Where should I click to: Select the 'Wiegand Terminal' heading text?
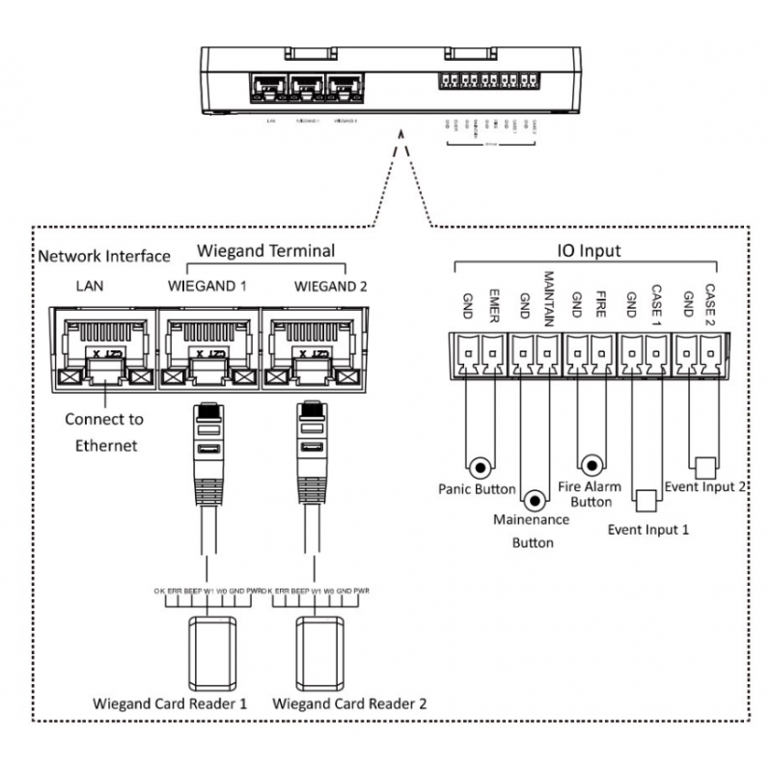[265, 251]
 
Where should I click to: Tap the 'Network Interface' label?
[102, 257]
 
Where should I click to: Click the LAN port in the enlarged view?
[99, 347]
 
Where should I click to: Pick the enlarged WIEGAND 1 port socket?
[209, 347]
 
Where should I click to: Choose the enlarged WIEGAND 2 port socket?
[316, 347]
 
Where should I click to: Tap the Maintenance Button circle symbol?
[535, 500]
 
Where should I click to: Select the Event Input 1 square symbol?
[645, 500]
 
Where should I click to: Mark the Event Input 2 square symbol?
[703, 466]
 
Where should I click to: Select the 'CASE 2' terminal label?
[709, 302]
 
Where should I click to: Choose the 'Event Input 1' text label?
[648, 529]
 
